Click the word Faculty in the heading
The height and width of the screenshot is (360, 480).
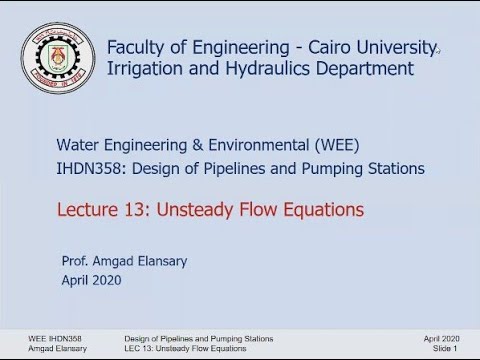click(139, 48)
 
